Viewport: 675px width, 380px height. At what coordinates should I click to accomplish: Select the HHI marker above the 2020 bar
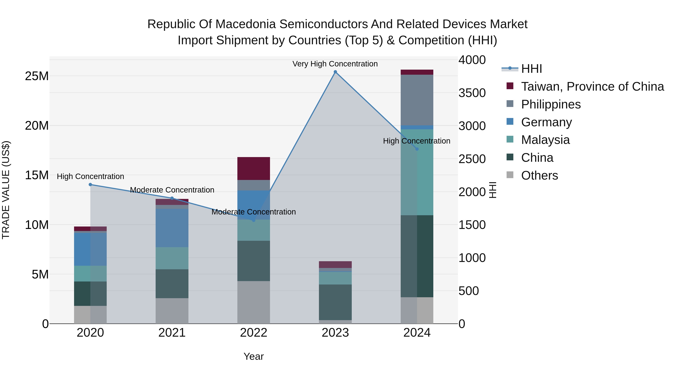click(x=90, y=185)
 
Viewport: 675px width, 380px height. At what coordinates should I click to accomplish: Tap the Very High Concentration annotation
click(x=335, y=64)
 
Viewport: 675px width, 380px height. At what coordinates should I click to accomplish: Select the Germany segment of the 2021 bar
click(x=172, y=228)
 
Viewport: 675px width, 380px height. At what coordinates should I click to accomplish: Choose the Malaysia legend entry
click(x=545, y=140)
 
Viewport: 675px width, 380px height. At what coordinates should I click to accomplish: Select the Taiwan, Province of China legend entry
click(x=592, y=87)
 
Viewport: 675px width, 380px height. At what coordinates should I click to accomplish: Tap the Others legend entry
click(x=539, y=175)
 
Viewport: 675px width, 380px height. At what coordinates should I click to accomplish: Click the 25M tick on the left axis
click(x=37, y=76)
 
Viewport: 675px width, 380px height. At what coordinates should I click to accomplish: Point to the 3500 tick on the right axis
click(x=472, y=93)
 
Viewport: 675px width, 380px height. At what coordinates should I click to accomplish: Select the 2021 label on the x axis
click(x=172, y=333)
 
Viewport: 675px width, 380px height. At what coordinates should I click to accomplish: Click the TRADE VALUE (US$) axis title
click(x=6, y=190)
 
